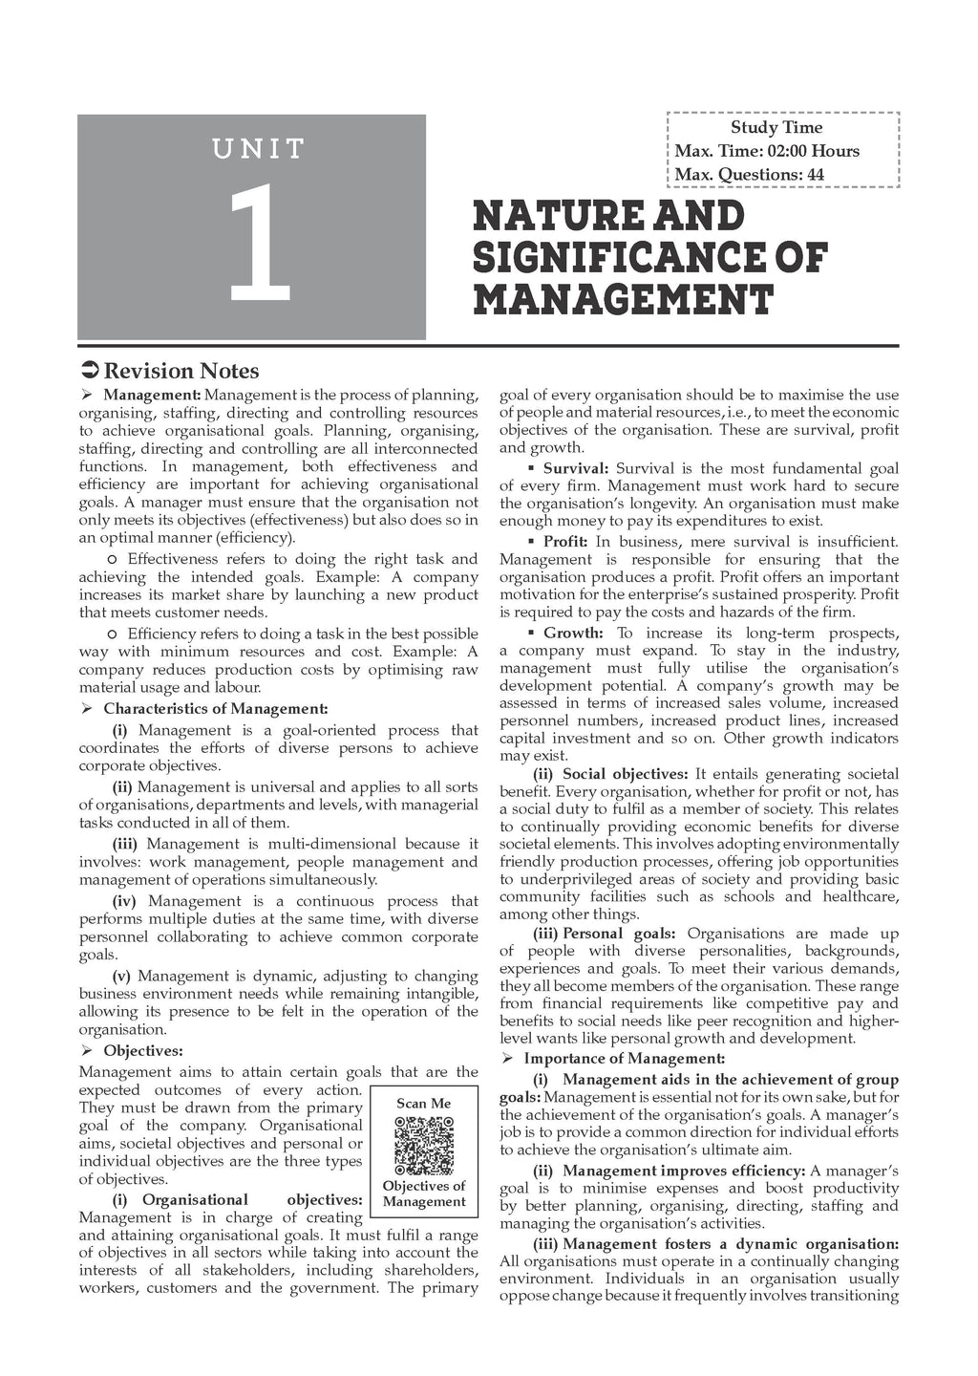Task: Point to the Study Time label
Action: [776, 127]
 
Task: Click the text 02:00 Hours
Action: [812, 151]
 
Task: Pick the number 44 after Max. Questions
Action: [814, 174]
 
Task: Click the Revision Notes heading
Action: [181, 371]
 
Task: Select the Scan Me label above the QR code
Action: [423, 1103]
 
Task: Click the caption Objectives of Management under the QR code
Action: [423, 1193]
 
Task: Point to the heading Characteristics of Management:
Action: [215, 708]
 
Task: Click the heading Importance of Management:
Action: [625, 1058]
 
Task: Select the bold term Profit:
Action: [565, 541]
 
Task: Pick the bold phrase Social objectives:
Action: [626, 774]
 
